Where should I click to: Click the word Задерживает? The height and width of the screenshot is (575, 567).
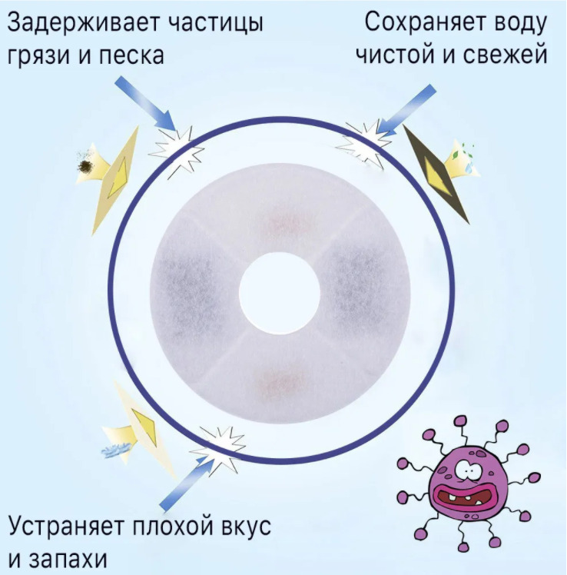click(x=83, y=24)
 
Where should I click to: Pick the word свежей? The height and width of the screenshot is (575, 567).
click(x=505, y=55)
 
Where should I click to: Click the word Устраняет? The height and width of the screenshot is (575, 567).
click(x=66, y=527)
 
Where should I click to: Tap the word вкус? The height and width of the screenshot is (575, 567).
click(x=247, y=527)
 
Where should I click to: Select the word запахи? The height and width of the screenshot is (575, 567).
click(x=68, y=560)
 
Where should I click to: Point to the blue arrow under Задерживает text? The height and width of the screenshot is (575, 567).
click(x=145, y=104)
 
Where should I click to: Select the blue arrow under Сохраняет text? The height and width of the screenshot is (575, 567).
click(x=406, y=110)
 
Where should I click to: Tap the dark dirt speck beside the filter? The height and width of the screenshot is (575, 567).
click(x=87, y=166)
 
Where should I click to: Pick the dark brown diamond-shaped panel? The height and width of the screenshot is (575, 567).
click(x=436, y=174)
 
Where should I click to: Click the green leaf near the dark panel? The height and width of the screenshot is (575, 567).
click(x=456, y=155)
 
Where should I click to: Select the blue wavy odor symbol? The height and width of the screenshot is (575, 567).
click(x=117, y=450)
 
